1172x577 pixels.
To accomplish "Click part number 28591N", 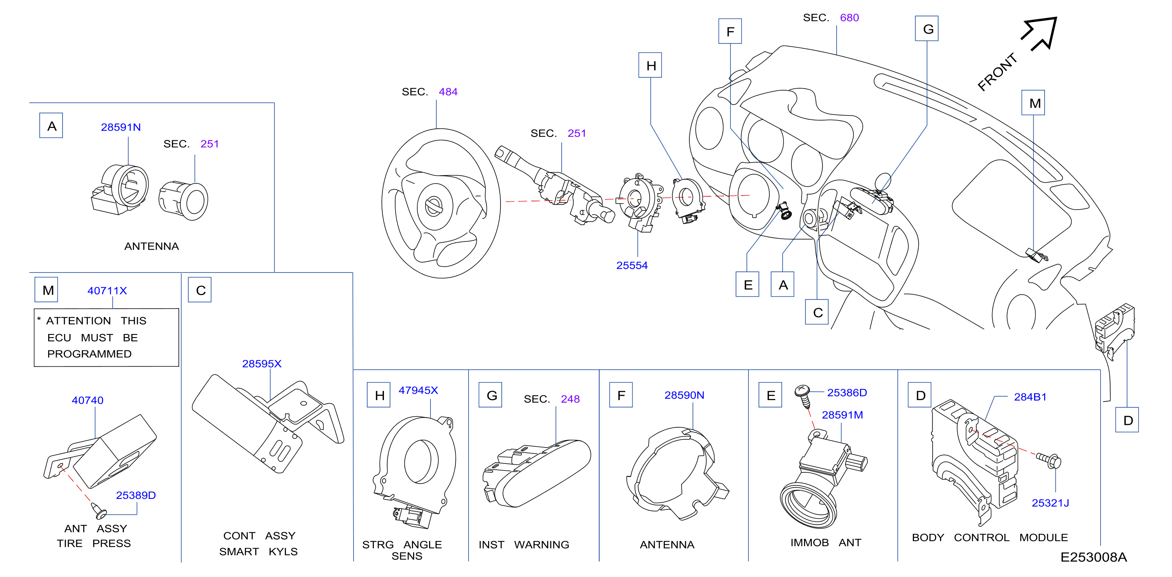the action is click(120, 128).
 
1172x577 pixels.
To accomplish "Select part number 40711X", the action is click(107, 291).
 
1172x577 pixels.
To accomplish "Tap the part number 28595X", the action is click(262, 364).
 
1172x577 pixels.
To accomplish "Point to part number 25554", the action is click(632, 266).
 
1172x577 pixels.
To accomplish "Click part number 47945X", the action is click(418, 390).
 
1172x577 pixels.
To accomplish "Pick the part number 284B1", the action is click(1030, 397).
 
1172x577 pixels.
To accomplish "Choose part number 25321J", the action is click(1050, 503).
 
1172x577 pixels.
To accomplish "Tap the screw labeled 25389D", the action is click(98, 511).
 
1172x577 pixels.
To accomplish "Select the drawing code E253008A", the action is click(1093, 558).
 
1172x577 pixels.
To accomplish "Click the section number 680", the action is click(849, 18).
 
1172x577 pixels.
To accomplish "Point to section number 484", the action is click(448, 92).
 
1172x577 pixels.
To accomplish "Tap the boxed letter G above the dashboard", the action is click(927, 29).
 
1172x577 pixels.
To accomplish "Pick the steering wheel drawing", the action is click(441, 203).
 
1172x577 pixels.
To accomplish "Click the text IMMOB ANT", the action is click(825, 543).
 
